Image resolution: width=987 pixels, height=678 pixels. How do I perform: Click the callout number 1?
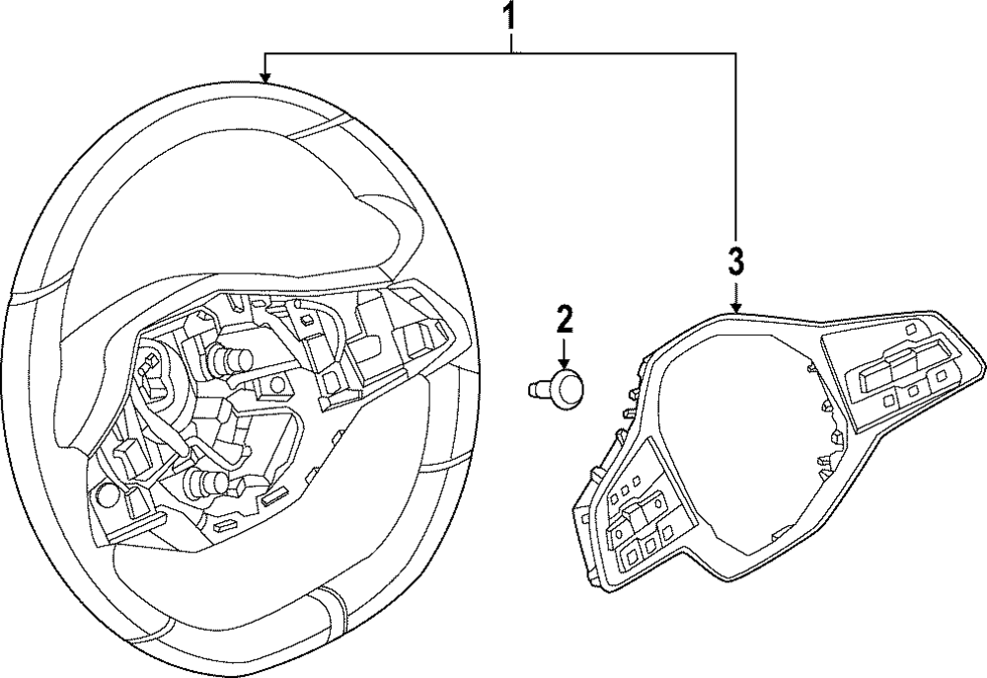pos(510,17)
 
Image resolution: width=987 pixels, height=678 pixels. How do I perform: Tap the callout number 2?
pos(564,319)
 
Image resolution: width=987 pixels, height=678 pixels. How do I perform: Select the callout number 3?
pos(735,262)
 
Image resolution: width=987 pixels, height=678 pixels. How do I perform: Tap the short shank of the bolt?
pos(539,388)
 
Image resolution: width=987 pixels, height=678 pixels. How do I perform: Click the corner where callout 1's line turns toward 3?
pos(736,53)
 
